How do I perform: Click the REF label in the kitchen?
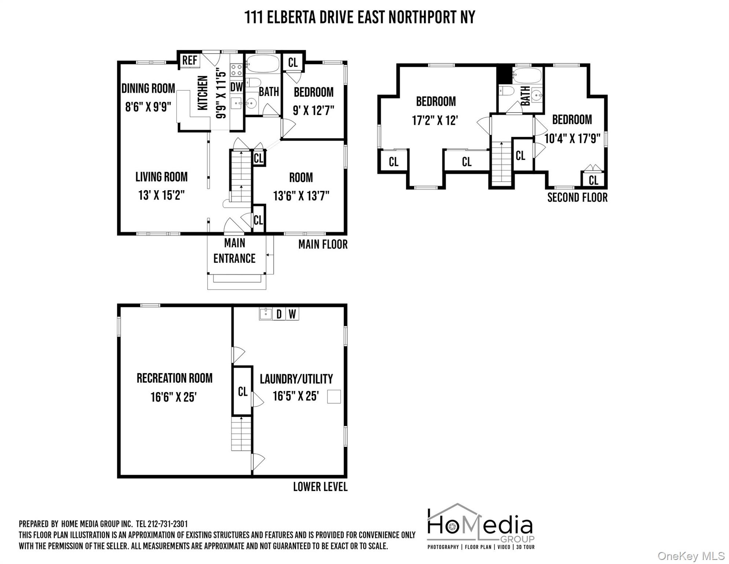190,60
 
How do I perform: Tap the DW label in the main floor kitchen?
237,87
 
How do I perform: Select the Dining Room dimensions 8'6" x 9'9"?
148,107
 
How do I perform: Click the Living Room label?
161,177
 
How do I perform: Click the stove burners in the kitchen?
236,70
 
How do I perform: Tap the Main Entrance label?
234,251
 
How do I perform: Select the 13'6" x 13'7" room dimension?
301,196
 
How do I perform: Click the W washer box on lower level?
292,314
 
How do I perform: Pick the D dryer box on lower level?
279,314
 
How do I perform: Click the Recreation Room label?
175,378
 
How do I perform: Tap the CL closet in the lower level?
242,391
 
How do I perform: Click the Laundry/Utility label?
296,379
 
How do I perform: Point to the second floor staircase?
501,163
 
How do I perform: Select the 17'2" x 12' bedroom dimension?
435,120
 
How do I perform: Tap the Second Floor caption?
577,198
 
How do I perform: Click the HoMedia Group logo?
481,527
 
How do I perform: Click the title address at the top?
360,17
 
